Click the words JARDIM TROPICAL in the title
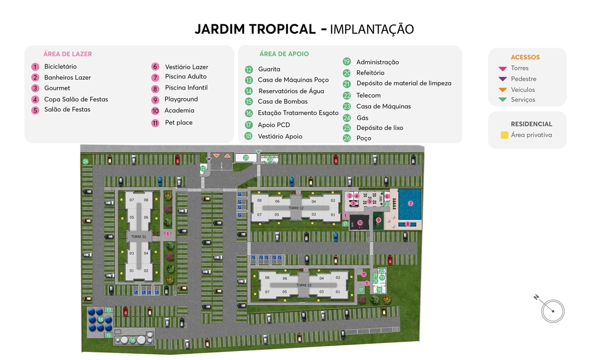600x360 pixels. point(255,29)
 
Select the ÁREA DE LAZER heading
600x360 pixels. point(68,54)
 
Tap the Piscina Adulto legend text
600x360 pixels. point(186,77)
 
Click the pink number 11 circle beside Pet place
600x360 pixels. point(155,123)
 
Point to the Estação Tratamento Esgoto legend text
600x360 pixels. point(298,113)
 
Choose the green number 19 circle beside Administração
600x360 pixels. point(347,61)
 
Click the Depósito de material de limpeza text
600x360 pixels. point(403,83)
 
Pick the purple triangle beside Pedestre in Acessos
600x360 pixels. point(503,79)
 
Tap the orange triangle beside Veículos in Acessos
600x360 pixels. point(503,90)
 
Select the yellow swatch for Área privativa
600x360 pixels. point(504,135)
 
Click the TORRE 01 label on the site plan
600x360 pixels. point(138,237)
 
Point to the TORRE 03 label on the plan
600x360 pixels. point(304,285)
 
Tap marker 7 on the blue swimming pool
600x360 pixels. point(410,203)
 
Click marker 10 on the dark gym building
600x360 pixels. point(360,222)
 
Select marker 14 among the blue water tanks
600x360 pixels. point(100,319)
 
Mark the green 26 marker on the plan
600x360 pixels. point(85,161)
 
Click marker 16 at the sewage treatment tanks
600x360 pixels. point(132,340)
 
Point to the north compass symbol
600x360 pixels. point(552,310)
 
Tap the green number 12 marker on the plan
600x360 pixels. point(203,168)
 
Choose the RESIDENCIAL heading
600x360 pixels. point(531,124)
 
